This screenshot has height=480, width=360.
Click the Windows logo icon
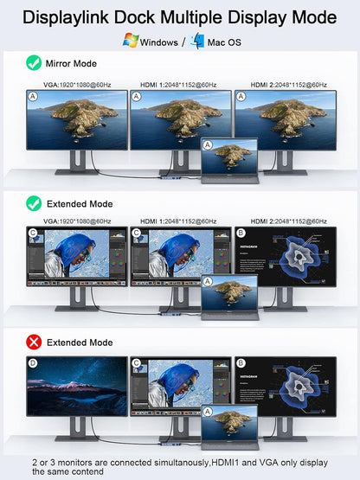pos(132,40)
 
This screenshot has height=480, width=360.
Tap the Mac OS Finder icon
pos(197,40)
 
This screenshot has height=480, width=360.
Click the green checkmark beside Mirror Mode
pos(34,63)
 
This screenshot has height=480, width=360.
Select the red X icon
pos(34,342)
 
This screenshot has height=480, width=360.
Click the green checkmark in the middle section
pos(34,204)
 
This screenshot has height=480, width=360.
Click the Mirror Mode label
pos(74,63)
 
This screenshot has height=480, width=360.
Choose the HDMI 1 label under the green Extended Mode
pos(179,221)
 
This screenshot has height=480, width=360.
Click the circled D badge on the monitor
pos(33,364)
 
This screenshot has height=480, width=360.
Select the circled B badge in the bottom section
pos(241,364)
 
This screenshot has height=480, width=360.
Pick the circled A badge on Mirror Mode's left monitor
pos(33,97)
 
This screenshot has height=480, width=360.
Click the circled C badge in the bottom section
pos(137,364)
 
